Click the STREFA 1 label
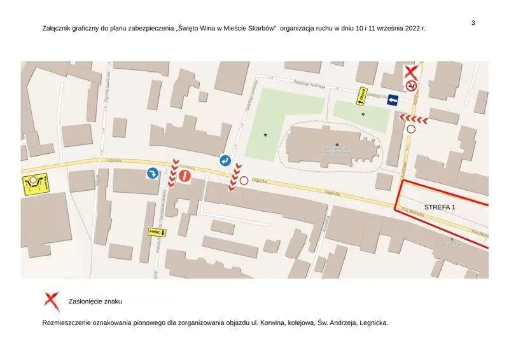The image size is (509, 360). [440, 207]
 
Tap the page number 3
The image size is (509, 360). [473, 23]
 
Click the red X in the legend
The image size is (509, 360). [52, 301]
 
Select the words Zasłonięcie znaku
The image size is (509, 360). [95, 301]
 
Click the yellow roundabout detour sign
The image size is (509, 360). [36, 184]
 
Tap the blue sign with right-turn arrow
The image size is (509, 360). [153, 174]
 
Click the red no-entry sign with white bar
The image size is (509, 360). [185, 176]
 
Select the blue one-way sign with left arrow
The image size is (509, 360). [392, 100]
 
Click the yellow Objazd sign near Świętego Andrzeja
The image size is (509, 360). [361, 95]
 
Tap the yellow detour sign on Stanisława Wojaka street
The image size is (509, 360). [157, 232]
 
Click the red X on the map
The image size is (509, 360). [412, 72]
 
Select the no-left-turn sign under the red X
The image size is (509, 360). [412, 85]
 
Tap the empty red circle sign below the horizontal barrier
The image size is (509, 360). [411, 129]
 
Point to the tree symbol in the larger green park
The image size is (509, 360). [265, 134]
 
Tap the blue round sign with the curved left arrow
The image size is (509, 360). [225, 161]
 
